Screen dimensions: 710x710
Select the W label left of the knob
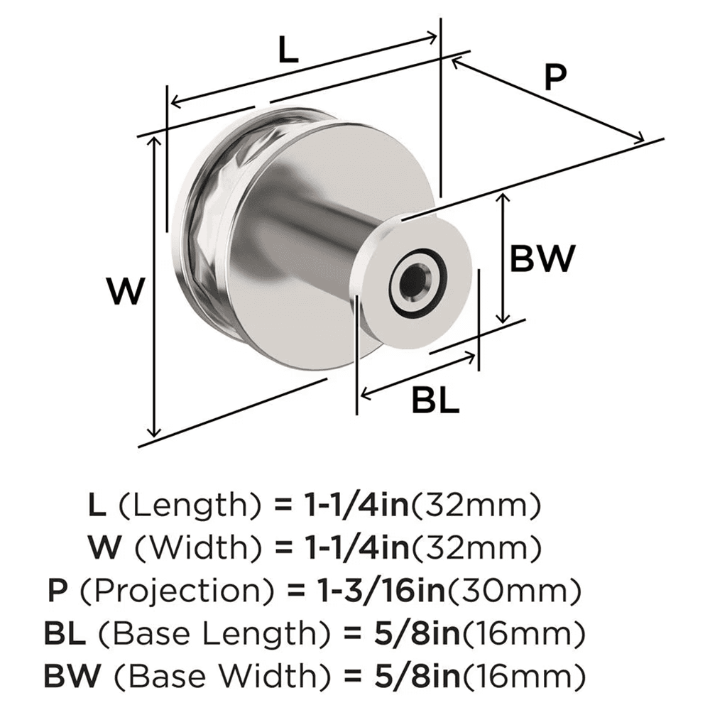[x=126, y=291]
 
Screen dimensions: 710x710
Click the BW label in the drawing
[x=542, y=259]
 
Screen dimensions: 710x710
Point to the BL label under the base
[x=435, y=402]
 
